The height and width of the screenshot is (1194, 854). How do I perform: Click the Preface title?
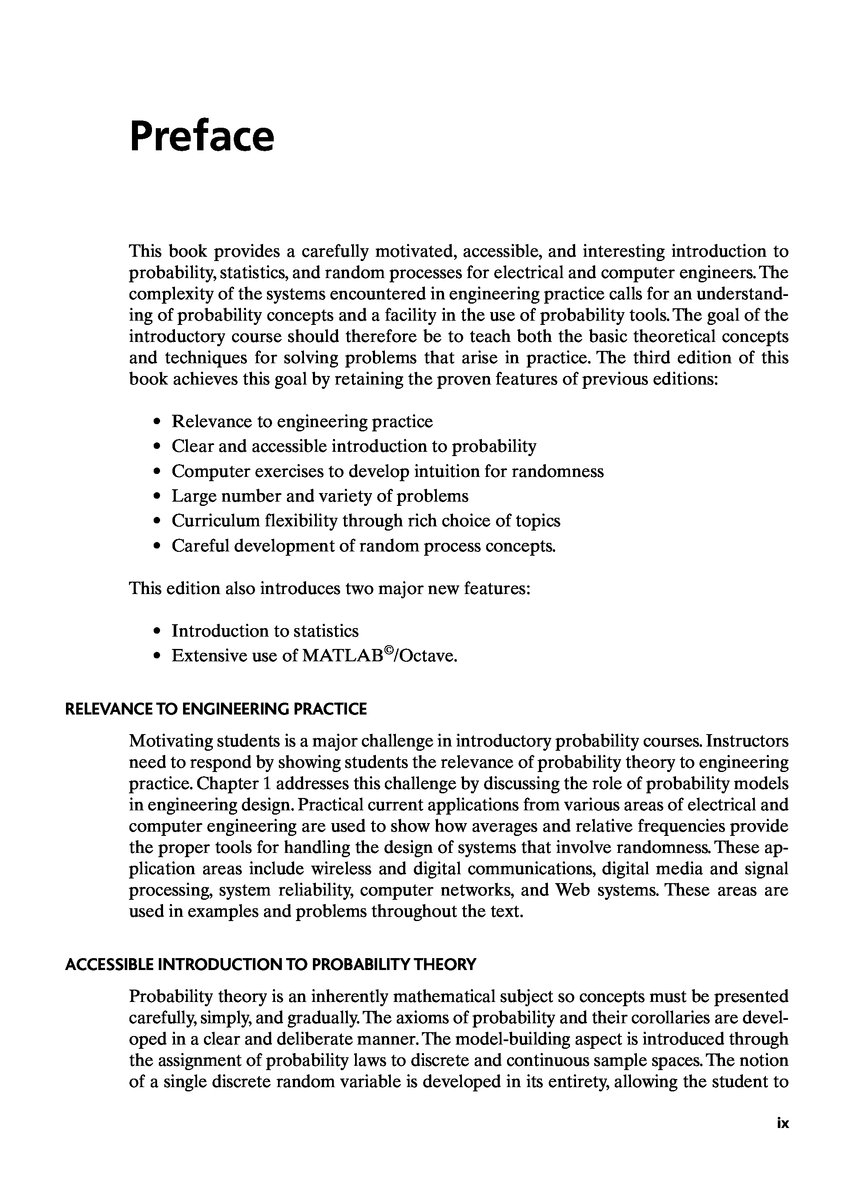(202, 137)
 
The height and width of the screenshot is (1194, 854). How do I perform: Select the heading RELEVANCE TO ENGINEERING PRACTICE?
(215, 709)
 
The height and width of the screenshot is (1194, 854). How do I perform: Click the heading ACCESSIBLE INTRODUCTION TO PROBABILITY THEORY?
(270, 964)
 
